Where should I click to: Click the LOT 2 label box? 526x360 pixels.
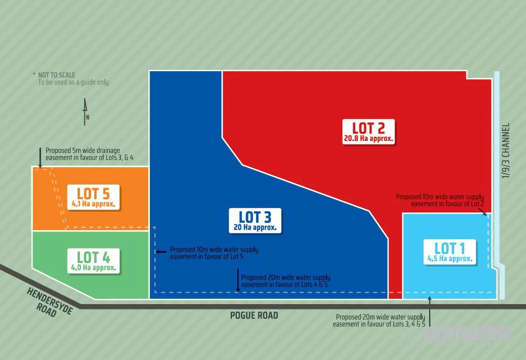[368, 132]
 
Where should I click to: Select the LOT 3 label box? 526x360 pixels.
[255, 220]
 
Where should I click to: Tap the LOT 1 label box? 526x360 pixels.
[450, 252]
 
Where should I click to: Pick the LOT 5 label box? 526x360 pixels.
[94, 197]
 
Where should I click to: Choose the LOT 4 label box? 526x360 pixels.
[94, 261]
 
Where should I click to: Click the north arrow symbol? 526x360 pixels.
[85, 111]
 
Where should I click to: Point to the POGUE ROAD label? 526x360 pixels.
[254, 316]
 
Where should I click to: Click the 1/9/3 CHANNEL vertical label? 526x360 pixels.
[505, 151]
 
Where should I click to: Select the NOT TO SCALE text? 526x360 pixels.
[56, 75]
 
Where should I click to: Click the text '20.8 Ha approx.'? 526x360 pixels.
[368, 138]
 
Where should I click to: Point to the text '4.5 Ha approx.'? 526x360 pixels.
[450, 259]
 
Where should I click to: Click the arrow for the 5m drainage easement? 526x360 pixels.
[40, 158]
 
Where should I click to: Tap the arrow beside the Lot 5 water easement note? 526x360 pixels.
[161, 251]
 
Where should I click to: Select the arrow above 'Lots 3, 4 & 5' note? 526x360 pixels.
[430, 312]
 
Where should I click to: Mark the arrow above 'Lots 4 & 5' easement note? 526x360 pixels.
[238, 280]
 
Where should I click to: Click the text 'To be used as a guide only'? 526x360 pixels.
[73, 82]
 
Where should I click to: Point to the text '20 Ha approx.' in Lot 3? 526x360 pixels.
[255, 227]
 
